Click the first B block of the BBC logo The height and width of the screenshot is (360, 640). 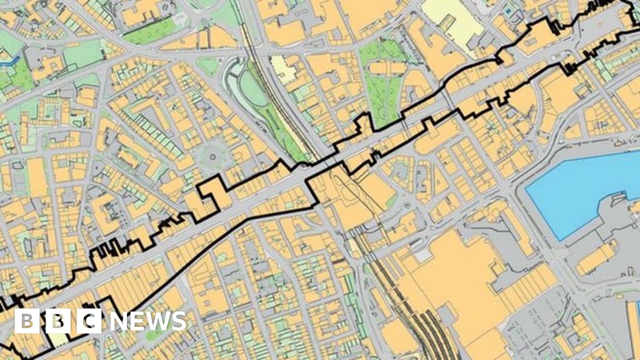(27, 321)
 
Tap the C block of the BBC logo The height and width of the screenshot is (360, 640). (89, 321)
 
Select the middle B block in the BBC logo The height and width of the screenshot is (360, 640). (58, 321)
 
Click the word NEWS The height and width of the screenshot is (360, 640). (147, 321)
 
